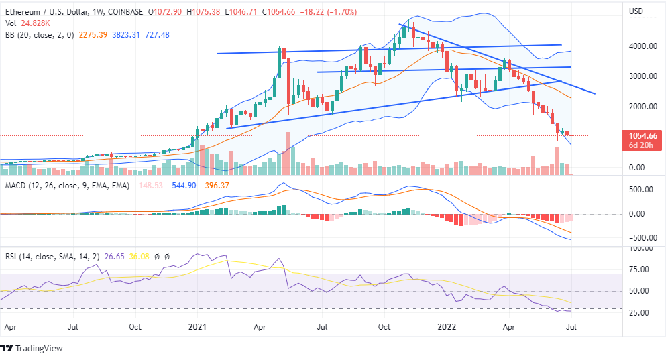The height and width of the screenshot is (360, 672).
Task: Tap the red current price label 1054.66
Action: (x=642, y=135)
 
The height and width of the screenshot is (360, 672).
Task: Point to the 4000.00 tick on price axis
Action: (x=642, y=46)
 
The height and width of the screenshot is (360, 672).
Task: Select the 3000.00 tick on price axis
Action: (x=642, y=76)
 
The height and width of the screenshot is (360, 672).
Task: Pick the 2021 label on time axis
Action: (x=197, y=328)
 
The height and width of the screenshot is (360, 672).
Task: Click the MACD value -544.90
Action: (x=182, y=185)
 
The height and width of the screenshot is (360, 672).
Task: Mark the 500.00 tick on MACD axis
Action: (x=642, y=190)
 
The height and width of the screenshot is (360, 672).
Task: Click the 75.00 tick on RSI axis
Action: (x=645, y=269)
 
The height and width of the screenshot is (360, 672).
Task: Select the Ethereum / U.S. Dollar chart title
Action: (x=49, y=12)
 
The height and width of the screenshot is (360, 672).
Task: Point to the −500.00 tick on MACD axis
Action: (x=642, y=238)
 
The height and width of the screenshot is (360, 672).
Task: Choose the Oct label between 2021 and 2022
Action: (x=384, y=328)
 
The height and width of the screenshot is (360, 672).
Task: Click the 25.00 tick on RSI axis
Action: (x=645, y=313)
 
